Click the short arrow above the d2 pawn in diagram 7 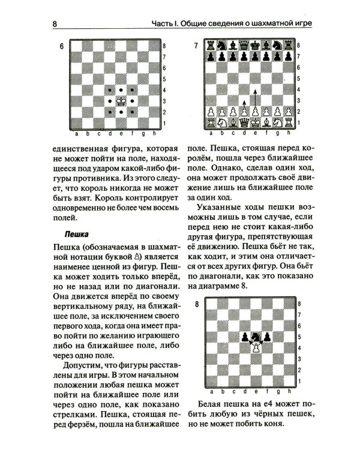tap(245, 106)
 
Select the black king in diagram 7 tap(256, 45)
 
